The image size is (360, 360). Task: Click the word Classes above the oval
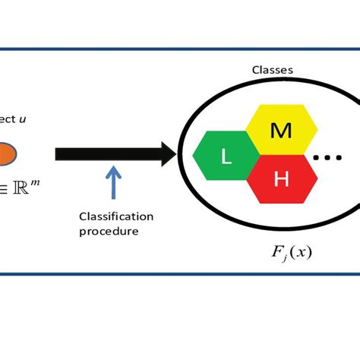click(x=272, y=70)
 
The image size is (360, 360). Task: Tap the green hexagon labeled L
click(x=226, y=157)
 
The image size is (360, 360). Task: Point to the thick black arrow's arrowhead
click(x=168, y=154)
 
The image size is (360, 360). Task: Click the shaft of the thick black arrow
click(x=106, y=154)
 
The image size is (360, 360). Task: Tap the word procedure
click(x=109, y=231)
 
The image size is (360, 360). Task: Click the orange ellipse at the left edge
click(x=8, y=154)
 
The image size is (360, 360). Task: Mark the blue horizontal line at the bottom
click(x=180, y=274)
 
